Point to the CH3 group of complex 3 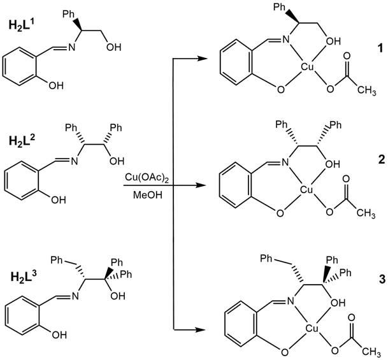(x=373, y=349)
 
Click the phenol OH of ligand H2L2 (x=58, y=199)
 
